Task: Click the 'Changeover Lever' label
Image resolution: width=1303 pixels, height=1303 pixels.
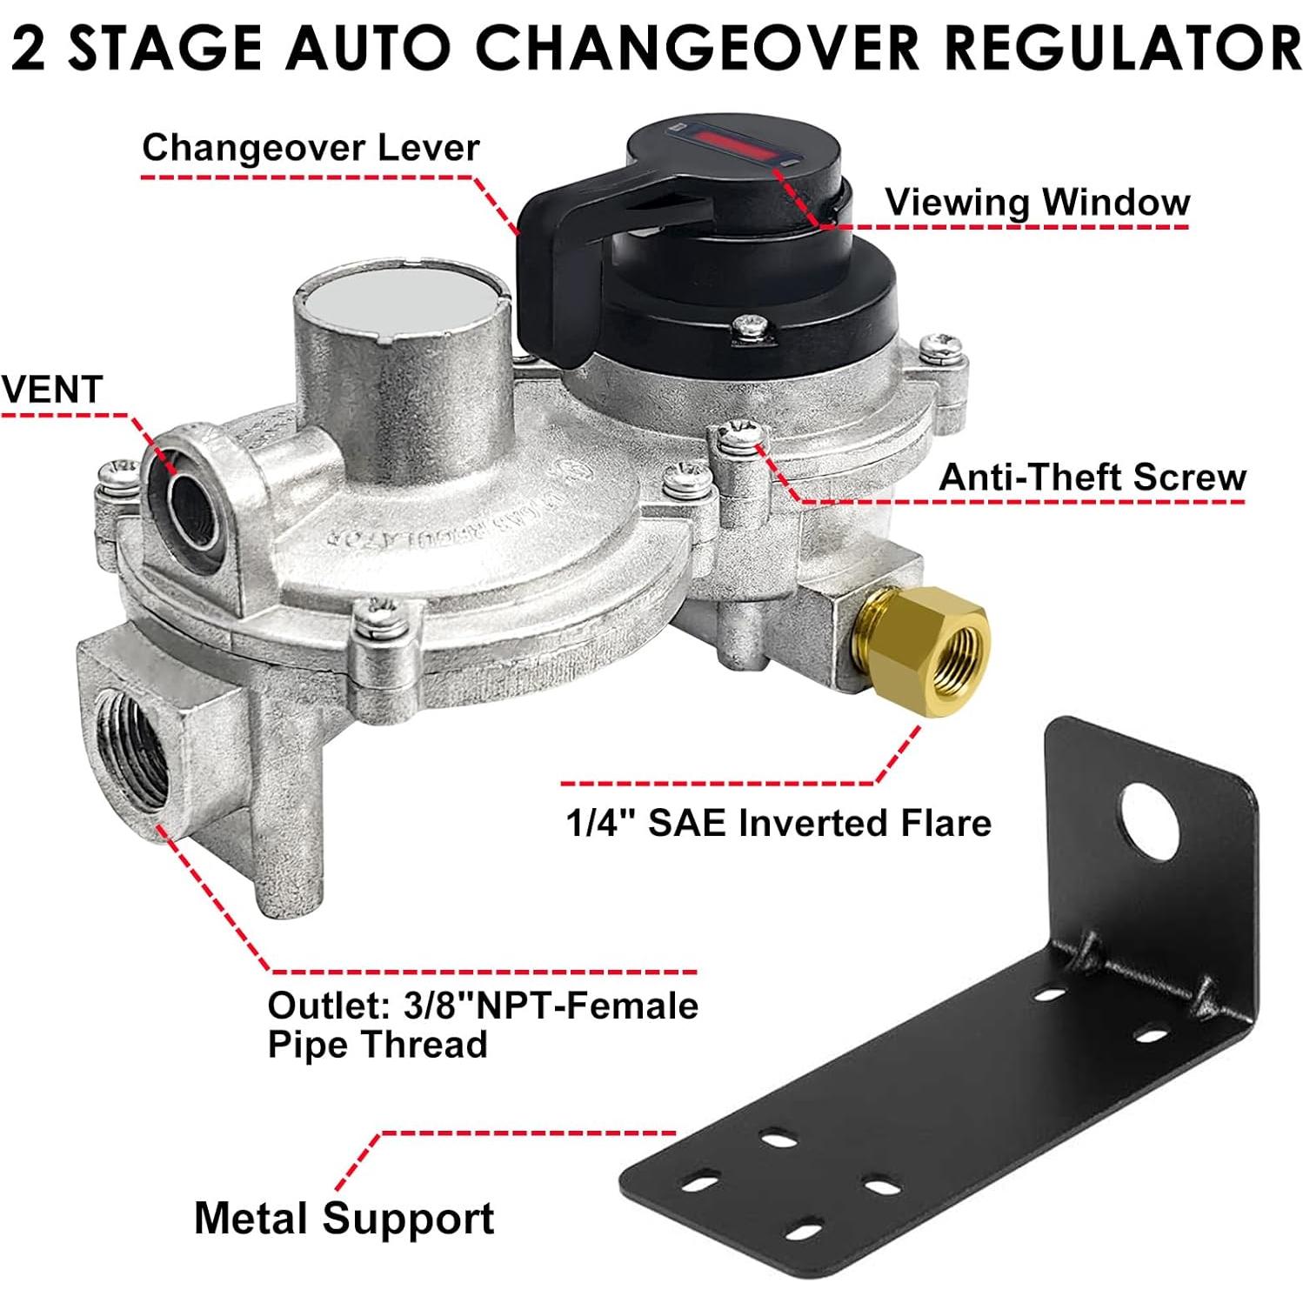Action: coord(311,148)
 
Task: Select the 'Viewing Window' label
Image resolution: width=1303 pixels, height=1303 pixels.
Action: coord(1037,203)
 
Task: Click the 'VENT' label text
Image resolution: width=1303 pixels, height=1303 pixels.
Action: coord(52,389)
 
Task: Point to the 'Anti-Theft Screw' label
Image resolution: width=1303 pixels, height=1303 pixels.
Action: coord(1093,478)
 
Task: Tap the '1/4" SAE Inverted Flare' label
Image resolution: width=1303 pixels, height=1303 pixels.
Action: coord(778,823)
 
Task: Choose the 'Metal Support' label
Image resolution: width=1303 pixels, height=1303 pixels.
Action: coord(344,1218)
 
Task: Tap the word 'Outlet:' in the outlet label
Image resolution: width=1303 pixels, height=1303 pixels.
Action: coord(327,1006)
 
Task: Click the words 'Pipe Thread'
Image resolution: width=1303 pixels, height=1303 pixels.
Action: coord(378,1045)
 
